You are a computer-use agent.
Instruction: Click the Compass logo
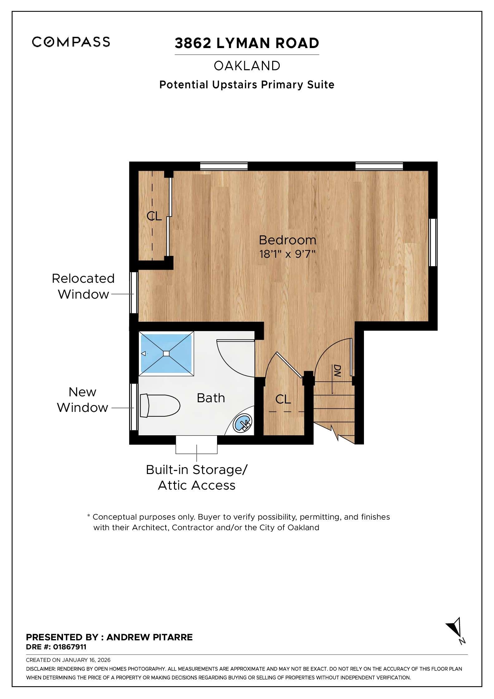point(71,42)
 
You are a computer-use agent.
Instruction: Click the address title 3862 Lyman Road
point(247,43)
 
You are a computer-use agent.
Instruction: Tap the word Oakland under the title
point(247,66)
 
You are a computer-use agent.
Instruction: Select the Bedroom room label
point(287,240)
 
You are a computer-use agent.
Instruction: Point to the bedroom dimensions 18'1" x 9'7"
point(287,254)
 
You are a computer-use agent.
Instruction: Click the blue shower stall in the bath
point(166,353)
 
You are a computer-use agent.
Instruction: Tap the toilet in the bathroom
point(160,406)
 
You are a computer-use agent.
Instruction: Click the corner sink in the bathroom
point(243,423)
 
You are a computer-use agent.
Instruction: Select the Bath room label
point(211,398)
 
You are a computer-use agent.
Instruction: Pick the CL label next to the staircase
point(283,399)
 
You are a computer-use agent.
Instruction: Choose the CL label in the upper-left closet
point(154,216)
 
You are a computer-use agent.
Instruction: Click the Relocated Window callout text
point(83,286)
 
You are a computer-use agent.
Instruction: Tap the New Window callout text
point(82,400)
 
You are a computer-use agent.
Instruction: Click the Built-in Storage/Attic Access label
point(196,477)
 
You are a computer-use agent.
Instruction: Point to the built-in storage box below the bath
point(196,445)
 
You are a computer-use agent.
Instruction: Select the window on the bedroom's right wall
point(433,242)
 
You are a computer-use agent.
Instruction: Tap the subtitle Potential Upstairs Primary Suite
point(247,85)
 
